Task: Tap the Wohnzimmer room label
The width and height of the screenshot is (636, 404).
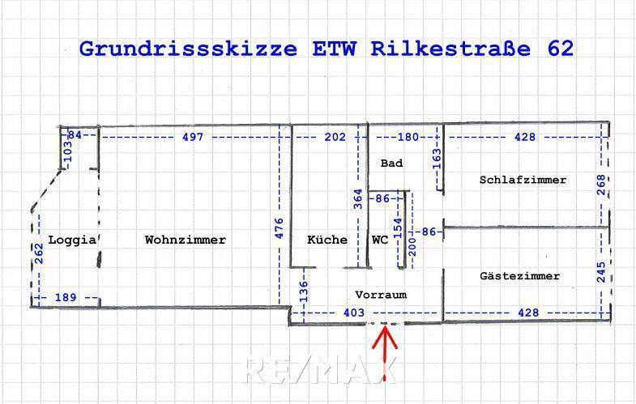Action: pos(185,240)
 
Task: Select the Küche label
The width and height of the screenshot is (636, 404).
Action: pos(327,240)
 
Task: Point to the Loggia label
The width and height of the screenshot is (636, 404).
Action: pos(73,240)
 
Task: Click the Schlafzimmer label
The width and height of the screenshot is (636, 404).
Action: pos(523,180)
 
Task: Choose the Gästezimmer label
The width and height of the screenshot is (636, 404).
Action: pos(519,276)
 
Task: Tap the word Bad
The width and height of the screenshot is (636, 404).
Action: pos(391,164)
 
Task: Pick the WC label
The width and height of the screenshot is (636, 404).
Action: pos(380,240)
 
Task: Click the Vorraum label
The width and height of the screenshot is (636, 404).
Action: pos(380,295)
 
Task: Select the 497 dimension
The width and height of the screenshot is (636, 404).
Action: pos(193,137)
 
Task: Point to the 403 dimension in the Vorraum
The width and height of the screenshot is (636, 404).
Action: pos(353,313)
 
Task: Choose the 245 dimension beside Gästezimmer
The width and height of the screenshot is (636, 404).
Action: pos(600,270)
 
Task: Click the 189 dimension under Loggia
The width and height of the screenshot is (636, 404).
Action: pos(66,298)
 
